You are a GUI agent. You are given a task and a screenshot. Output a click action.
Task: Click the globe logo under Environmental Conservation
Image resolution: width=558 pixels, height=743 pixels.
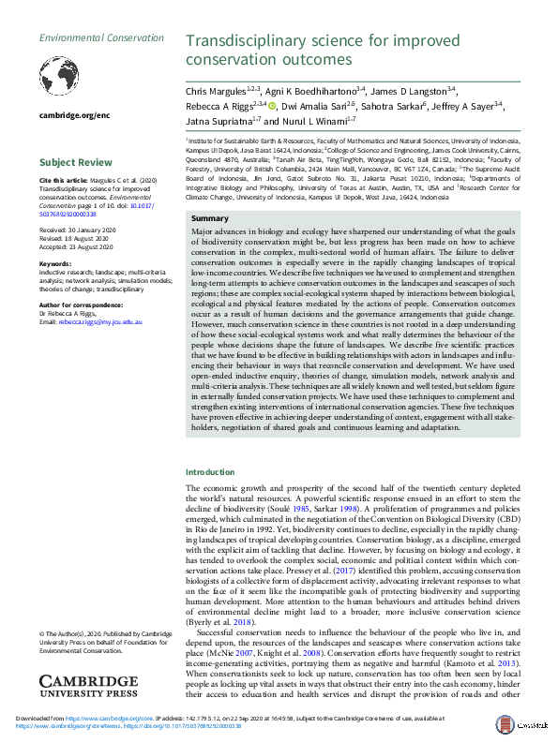point(62,74)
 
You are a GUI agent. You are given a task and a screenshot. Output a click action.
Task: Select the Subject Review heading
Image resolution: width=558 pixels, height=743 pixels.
point(74,161)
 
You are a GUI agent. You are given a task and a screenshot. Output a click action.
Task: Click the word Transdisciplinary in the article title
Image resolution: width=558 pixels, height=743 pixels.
point(246,41)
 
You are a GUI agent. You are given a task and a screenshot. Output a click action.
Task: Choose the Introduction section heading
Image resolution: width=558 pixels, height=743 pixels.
point(212,472)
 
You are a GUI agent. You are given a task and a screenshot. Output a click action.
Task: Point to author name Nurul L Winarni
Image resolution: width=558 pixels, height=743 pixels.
point(317,122)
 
